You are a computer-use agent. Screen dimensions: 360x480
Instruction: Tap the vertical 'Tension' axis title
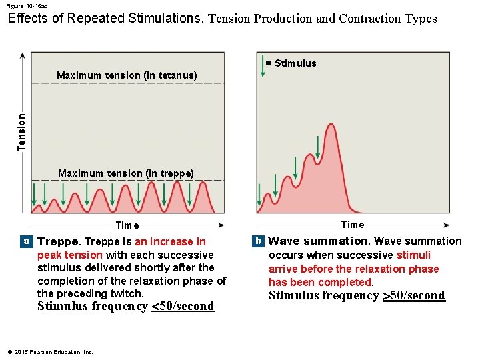(21, 131)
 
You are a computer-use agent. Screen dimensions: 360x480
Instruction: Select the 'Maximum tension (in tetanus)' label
(127, 75)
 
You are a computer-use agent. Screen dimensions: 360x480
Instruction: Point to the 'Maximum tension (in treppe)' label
(126, 173)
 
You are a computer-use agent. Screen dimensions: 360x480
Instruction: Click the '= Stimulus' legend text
(291, 63)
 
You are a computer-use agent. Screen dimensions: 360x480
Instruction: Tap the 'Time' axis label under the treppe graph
(127, 225)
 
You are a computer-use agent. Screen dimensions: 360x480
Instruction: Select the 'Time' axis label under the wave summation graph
(353, 225)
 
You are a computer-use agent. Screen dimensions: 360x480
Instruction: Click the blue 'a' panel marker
(26, 241)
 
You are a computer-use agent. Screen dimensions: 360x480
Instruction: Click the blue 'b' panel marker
(257, 240)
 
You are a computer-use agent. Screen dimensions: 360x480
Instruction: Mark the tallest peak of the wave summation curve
(329, 125)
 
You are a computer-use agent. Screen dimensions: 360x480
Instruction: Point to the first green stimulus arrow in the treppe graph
(34, 194)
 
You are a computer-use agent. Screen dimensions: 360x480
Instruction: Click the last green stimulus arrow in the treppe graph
(189, 194)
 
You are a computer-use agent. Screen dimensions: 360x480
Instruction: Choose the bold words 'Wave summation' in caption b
(318, 241)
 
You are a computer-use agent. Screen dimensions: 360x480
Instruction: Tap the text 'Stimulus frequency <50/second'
(125, 307)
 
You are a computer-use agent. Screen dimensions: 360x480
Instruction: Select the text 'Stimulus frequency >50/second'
(356, 296)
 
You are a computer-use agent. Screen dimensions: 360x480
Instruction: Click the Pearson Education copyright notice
(50, 352)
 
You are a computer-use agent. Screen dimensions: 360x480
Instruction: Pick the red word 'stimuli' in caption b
(413, 255)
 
